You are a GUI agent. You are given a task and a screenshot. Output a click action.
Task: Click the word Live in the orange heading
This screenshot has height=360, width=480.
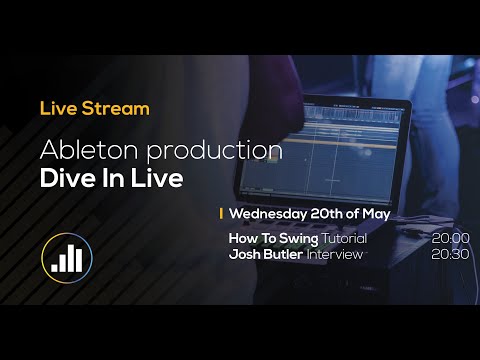tap(55, 107)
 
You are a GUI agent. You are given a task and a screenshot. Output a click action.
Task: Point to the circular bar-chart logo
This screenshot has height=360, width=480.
tap(66, 258)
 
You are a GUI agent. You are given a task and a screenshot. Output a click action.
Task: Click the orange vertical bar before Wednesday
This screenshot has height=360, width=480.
tap(221, 214)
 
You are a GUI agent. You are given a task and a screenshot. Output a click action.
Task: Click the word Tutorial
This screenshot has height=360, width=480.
tap(345, 239)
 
